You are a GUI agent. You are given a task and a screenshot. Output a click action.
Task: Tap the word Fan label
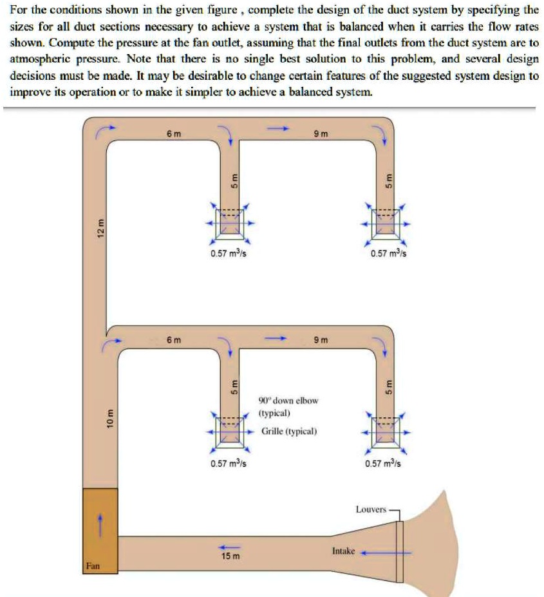tap(92, 566)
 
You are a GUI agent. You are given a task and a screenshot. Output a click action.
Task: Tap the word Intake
tap(343, 551)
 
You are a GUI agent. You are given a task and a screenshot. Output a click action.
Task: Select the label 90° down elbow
tap(288, 400)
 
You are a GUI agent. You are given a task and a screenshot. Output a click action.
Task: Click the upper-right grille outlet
tap(386, 222)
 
